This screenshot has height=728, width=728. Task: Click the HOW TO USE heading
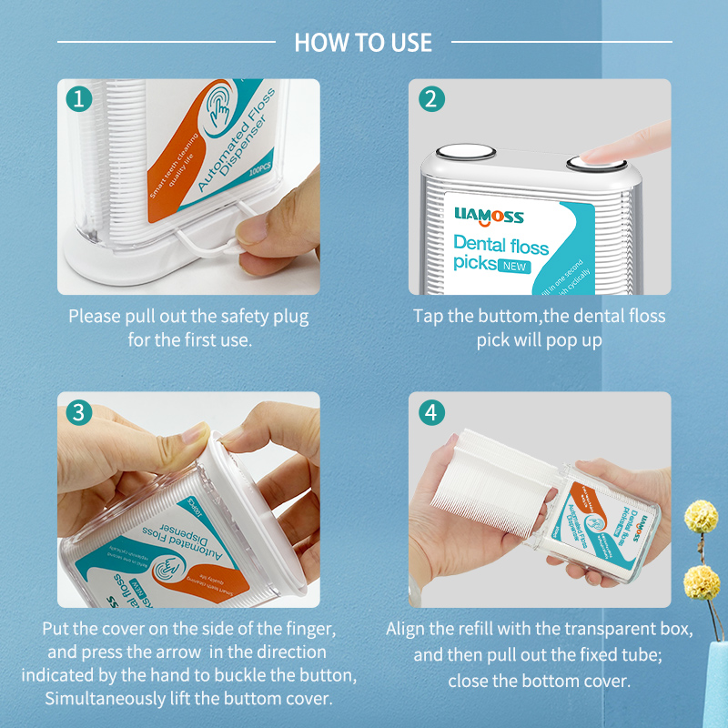(x=363, y=42)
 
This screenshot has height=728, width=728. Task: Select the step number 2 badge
(x=431, y=99)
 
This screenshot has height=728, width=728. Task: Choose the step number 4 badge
(x=431, y=412)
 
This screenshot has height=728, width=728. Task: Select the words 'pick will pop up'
(x=539, y=339)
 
